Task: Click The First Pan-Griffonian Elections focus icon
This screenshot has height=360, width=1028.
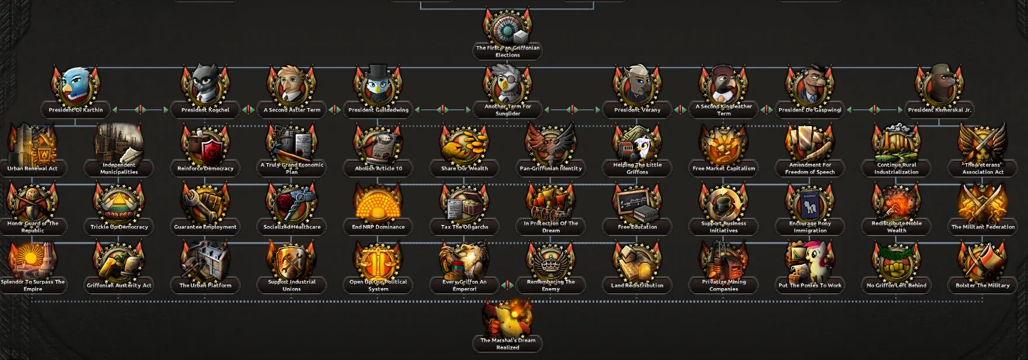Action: (507, 26)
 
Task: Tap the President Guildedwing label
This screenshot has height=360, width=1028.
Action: (378, 110)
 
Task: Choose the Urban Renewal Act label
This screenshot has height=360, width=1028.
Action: (33, 168)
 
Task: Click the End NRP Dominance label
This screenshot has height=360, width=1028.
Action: (378, 227)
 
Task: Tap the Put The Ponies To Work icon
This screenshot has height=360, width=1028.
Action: (810, 262)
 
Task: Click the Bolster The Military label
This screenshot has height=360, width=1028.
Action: (982, 285)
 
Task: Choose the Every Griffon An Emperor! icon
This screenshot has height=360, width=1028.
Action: (465, 262)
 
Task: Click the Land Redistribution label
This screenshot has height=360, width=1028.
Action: (637, 285)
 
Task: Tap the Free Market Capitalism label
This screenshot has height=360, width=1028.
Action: (724, 168)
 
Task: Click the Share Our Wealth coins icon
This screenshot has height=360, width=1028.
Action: (465, 145)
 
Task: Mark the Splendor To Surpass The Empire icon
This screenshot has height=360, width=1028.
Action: (33, 262)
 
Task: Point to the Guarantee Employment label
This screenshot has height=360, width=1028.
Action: (205, 227)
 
